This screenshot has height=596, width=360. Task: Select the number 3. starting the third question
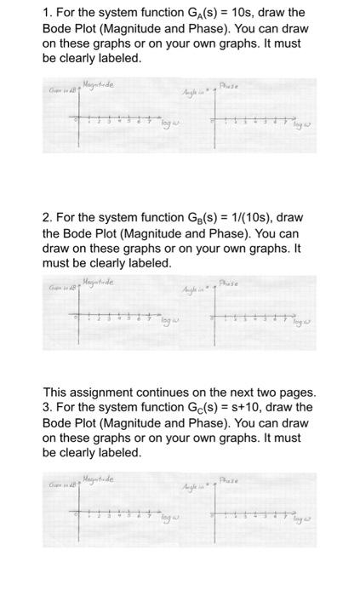pyautogui.click(x=48, y=407)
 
